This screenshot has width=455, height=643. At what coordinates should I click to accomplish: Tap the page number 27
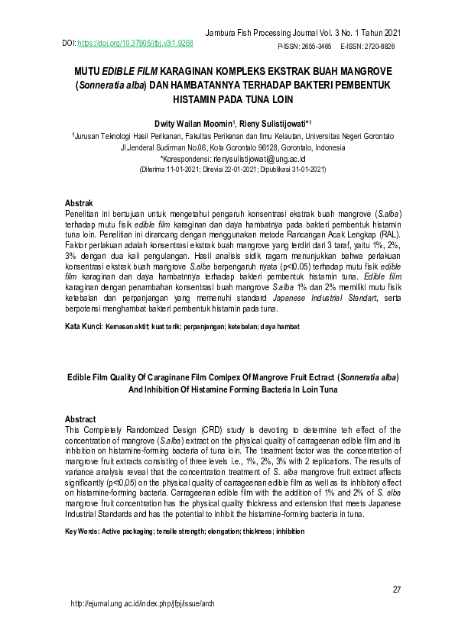[397, 589]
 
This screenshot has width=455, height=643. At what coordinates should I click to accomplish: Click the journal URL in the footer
[142, 624]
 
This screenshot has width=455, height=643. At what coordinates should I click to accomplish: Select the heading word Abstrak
[79, 203]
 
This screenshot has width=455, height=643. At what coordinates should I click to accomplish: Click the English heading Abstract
[80, 420]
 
